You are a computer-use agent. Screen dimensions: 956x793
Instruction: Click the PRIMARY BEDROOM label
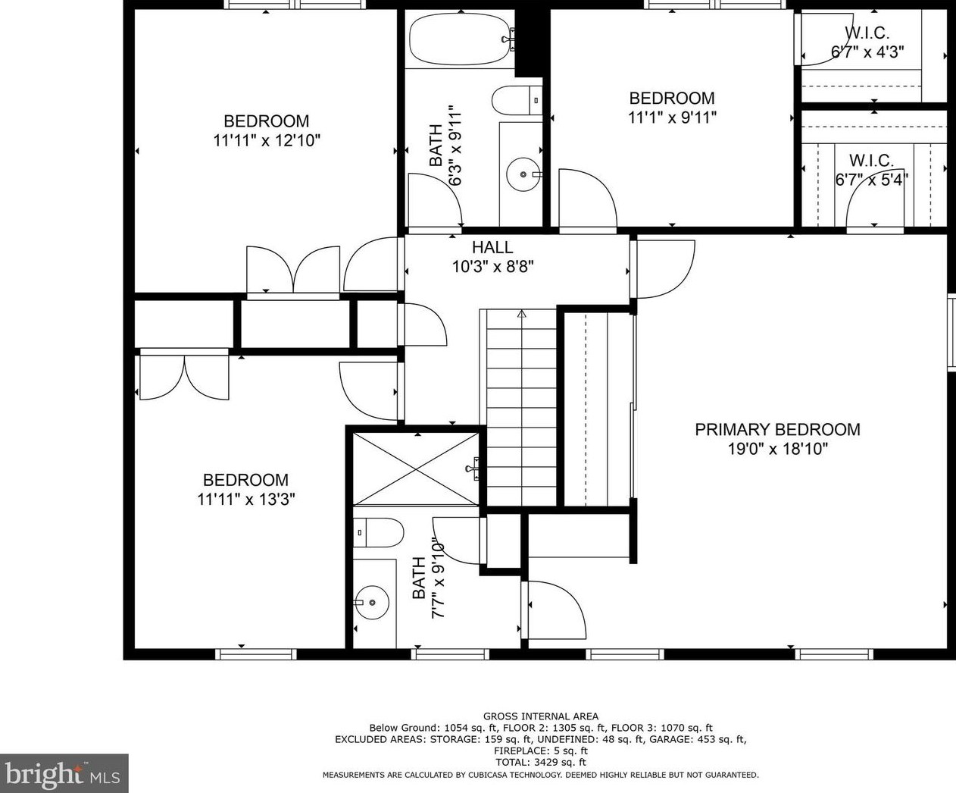[x=777, y=430]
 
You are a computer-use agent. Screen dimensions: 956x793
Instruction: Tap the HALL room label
[x=492, y=247]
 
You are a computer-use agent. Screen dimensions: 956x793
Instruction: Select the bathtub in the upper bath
[x=462, y=40]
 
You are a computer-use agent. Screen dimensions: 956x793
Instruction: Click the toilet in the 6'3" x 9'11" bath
[x=517, y=100]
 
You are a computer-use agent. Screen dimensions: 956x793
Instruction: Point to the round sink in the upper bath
[x=523, y=174]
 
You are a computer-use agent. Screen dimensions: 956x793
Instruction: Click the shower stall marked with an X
[x=416, y=469]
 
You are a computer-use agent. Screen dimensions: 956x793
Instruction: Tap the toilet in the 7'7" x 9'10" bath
[x=378, y=533]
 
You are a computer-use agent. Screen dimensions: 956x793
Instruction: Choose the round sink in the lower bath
[x=372, y=602]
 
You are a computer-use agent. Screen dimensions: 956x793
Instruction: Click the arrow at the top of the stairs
[x=521, y=314]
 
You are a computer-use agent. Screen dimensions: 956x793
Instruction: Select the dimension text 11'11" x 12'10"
[x=267, y=140]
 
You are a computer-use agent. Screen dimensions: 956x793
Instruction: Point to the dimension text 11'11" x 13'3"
[x=246, y=499]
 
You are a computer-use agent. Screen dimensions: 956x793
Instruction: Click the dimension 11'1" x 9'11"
[x=672, y=118]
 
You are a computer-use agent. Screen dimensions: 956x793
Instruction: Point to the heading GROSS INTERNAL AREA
[x=541, y=716]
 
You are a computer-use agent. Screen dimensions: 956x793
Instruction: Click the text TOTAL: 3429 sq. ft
[x=541, y=762]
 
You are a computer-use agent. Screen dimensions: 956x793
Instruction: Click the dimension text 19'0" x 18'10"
[x=778, y=449]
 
